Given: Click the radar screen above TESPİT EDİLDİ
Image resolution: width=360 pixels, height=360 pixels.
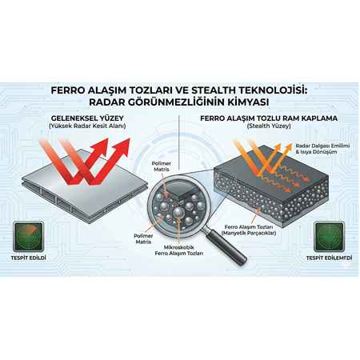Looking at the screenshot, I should (x=30, y=237).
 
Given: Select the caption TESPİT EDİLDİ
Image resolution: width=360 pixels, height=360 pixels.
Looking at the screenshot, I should (x=30, y=258).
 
